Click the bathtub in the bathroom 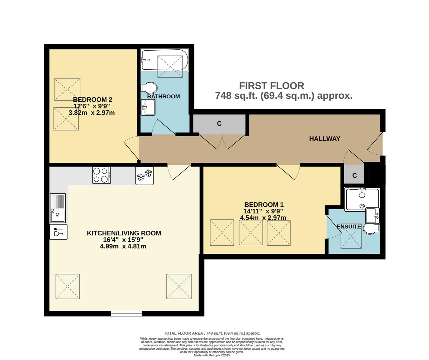(x=164, y=60)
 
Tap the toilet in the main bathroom (x=149, y=88)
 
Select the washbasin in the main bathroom (x=148, y=107)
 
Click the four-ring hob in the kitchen (x=101, y=175)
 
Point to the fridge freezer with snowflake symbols (x=144, y=176)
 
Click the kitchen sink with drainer (x=58, y=208)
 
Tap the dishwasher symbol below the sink (x=59, y=232)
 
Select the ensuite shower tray (x=362, y=199)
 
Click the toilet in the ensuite (x=371, y=229)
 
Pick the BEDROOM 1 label (x=264, y=205)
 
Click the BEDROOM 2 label (x=93, y=100)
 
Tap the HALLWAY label (x=325, y=139)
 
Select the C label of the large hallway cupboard (x=219, y=123)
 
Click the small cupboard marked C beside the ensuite (x=354, y=174)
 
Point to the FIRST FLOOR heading (x=272, y=86)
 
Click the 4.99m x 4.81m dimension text (x=123, y=246)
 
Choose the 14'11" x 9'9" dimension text (x=263, y=211)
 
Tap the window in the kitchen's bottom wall (x=126, y=314)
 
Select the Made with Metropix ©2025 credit (x=212, y=355)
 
